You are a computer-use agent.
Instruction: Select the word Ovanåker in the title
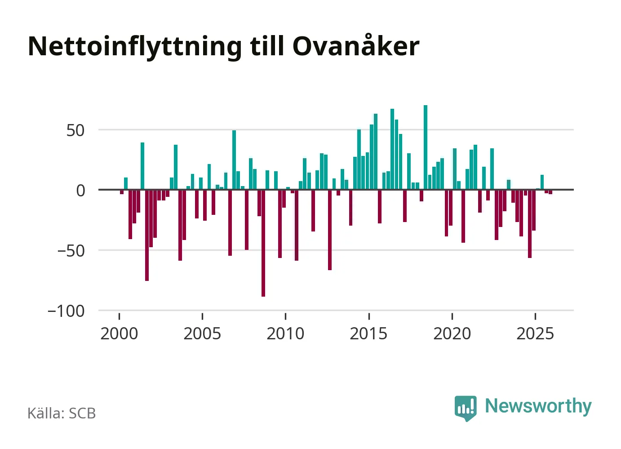pos(356,46)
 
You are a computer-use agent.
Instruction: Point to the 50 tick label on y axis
pos(75,131)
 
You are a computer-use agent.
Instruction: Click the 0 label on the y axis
pos(80,191)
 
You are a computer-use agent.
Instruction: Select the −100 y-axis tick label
pos(66,311)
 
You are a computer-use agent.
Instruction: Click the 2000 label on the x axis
pos(119,334)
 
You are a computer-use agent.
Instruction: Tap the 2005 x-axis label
pos(202,334)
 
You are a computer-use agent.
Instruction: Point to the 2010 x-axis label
pos(285,334)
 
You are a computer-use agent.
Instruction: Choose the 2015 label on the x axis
pos(368,334)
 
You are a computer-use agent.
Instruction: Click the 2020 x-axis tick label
pos(452,334)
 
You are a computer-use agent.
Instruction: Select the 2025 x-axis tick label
pos(535,334)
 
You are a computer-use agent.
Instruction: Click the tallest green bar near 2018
pos(426,147)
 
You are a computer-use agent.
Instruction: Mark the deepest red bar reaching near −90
pos(263,243)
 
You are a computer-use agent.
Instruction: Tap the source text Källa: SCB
pos(62,413)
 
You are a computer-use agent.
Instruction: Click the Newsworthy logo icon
pos(465,408)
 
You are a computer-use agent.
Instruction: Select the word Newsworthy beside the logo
pos(538,406)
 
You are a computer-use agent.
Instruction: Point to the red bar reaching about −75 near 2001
pos(147,235)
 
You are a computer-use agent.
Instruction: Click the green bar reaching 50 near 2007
pos(234,160)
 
